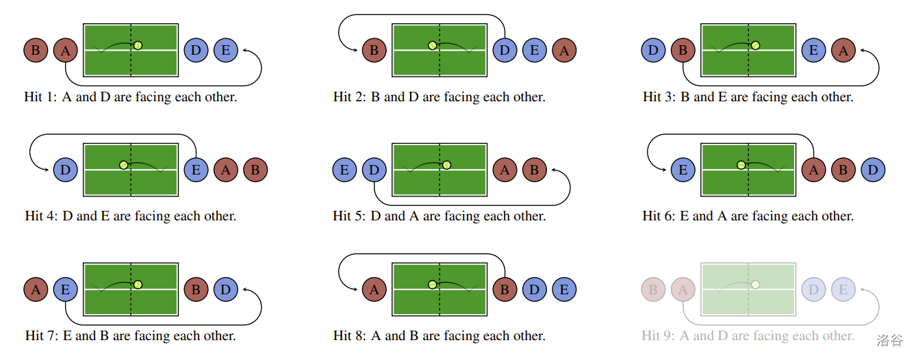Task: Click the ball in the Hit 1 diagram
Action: [x=138, y=45]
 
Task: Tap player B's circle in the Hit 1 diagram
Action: [x=36, y=50]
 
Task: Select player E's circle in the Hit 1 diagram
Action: [x=226, y=50]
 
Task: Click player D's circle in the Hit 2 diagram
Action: [x=505, y=50]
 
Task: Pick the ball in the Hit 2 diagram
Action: [x=432, y=45]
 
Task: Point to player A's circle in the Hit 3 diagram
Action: [x=843, y=50]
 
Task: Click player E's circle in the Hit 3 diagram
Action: [x=814, y=50]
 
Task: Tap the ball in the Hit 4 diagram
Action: [x=123, y=164]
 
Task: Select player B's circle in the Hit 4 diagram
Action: [x=255, y=170]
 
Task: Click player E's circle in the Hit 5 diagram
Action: [x=344, y=170]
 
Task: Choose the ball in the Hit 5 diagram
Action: [x=446, y=164]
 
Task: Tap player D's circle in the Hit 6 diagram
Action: [x=873, y=170]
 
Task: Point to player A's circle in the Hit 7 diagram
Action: [x=36, y=290]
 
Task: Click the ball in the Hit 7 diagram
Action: [x=138, y=284]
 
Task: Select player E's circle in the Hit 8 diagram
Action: [x=564, y=290]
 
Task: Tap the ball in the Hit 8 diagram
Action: [x=432, y=284]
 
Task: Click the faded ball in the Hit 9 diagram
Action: [x=756, y=284]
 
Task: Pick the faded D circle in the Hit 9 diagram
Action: [x=814, y=290]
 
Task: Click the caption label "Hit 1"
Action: [x=42, y=97]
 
